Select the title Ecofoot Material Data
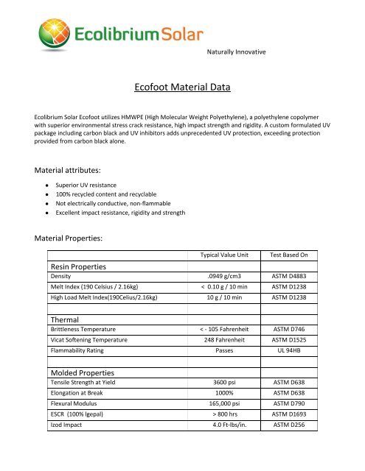point(182,88)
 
